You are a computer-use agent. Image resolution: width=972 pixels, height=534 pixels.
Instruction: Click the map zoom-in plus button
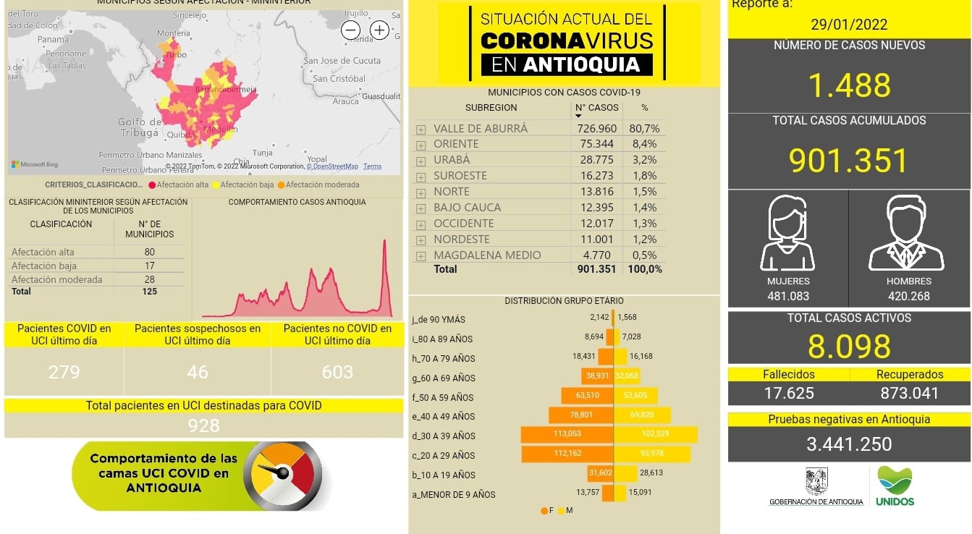pyautogui.click(x=379, y=30)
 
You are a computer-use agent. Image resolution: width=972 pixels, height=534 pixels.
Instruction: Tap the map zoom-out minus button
pyautogui.click(x=351, y=30)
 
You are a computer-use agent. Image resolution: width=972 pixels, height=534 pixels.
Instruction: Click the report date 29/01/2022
pyautogui.click(x=849, y=24)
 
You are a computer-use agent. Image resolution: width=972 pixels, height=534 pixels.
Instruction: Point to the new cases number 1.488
pyautogui.click(x=849, y=85)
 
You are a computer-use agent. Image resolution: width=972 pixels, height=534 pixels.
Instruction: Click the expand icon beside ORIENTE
pyautogui.click(x=421, y=145)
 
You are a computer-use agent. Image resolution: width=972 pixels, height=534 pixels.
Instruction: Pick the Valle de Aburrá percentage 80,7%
pyautogui.click(x=645, y=128)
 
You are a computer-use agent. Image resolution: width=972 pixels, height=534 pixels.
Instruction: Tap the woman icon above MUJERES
pyautogui.click(x=787, y=233)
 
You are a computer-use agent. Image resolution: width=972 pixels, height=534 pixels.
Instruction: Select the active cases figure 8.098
pyautogui.click(x=849, y=347)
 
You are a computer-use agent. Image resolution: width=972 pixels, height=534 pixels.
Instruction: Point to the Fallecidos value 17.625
pyautogui.click(x=789, y=393)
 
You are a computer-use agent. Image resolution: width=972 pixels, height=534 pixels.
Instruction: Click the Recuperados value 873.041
pyautogui.click(x=910, y=393)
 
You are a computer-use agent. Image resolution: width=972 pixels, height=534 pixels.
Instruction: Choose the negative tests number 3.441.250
pyautogui.click(x=849, y=444)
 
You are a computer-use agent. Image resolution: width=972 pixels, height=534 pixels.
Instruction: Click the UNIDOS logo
pyautogui.click(x=895, y=486)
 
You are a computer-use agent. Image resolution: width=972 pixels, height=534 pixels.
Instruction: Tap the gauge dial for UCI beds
pyautogui.click(x=282, y=475)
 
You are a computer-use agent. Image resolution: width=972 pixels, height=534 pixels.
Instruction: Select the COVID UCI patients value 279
pyautogui.click(x=64, y=372)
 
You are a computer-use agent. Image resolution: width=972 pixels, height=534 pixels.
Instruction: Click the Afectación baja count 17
pyautogui.click(x=149, y=266)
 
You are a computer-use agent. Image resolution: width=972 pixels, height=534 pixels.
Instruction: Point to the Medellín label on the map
pyautogui.click(x=221, y=130)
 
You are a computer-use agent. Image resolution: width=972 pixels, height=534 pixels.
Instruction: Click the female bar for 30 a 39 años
pyautogui.click(x=567, y=434)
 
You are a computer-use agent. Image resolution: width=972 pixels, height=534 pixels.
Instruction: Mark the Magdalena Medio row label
pyautogui.click(x=487, y=255)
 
